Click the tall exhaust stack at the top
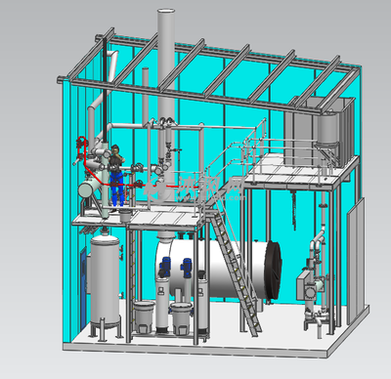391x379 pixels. [165, 59]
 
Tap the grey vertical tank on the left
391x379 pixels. [105, 278]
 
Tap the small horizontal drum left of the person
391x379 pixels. [92, 186]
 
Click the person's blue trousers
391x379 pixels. [118, 190]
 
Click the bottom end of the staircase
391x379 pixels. [252, 332]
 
